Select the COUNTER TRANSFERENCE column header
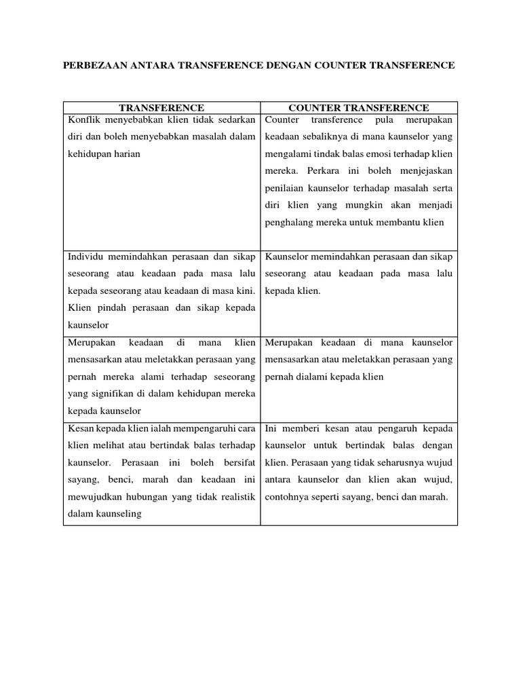click(x=359, y=108)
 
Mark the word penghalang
click(x=292, y=222)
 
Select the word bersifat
click(x=237, y=463)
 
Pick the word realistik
click(x=235, y=497)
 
